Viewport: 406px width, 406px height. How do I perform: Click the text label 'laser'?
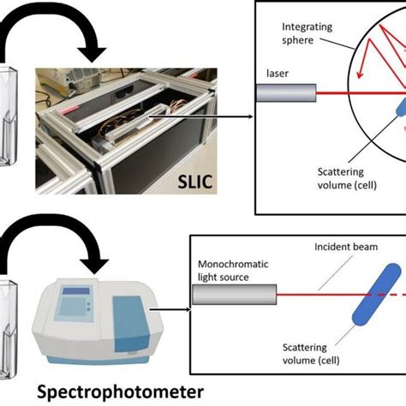pyautogui.click(x=277, y=75)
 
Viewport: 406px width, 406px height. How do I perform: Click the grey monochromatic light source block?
pyautogui.click(x=233, y=295)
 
